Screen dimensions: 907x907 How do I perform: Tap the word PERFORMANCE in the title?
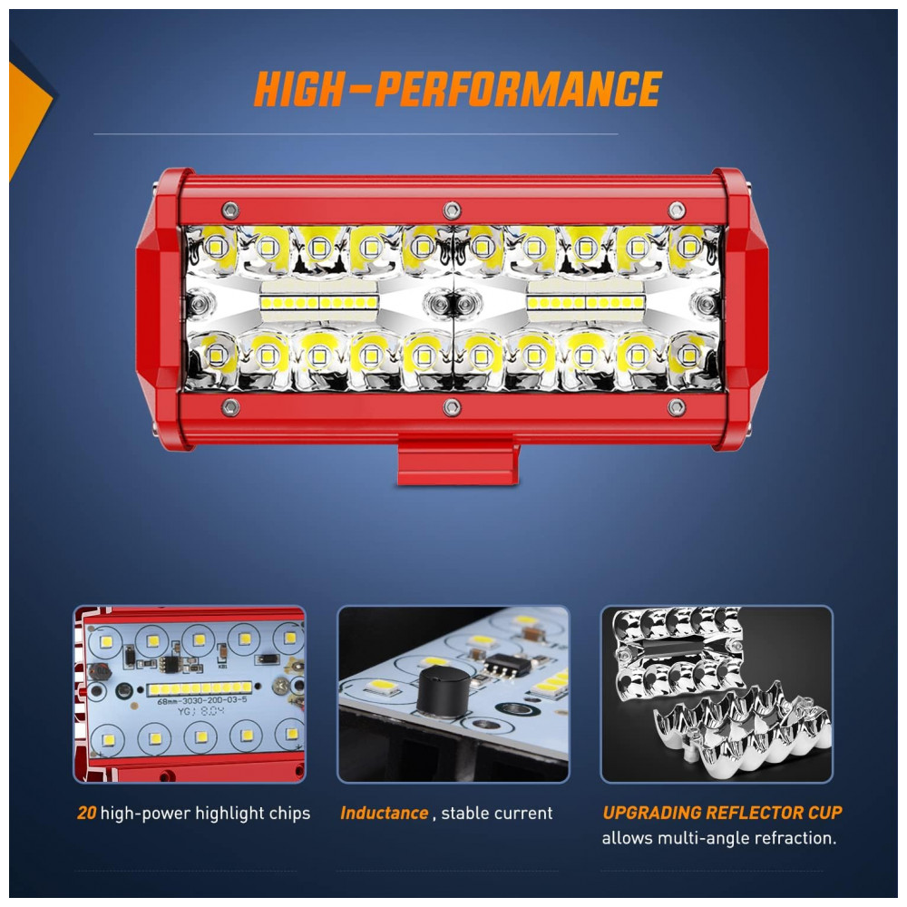518,89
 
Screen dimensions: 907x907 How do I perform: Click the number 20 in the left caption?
87,813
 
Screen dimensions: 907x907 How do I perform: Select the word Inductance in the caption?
384,813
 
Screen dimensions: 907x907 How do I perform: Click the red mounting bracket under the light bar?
457,459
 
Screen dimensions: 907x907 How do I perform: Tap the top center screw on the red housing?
452,210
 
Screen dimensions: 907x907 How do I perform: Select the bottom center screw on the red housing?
452,407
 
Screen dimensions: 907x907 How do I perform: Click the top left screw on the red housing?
230,210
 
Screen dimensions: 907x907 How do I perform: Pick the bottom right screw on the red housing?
677,407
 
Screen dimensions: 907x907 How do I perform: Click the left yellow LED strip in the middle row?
319,303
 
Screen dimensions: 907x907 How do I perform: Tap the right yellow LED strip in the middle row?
585,303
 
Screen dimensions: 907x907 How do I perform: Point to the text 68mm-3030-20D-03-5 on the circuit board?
202,700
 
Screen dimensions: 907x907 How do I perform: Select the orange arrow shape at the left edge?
28,119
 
